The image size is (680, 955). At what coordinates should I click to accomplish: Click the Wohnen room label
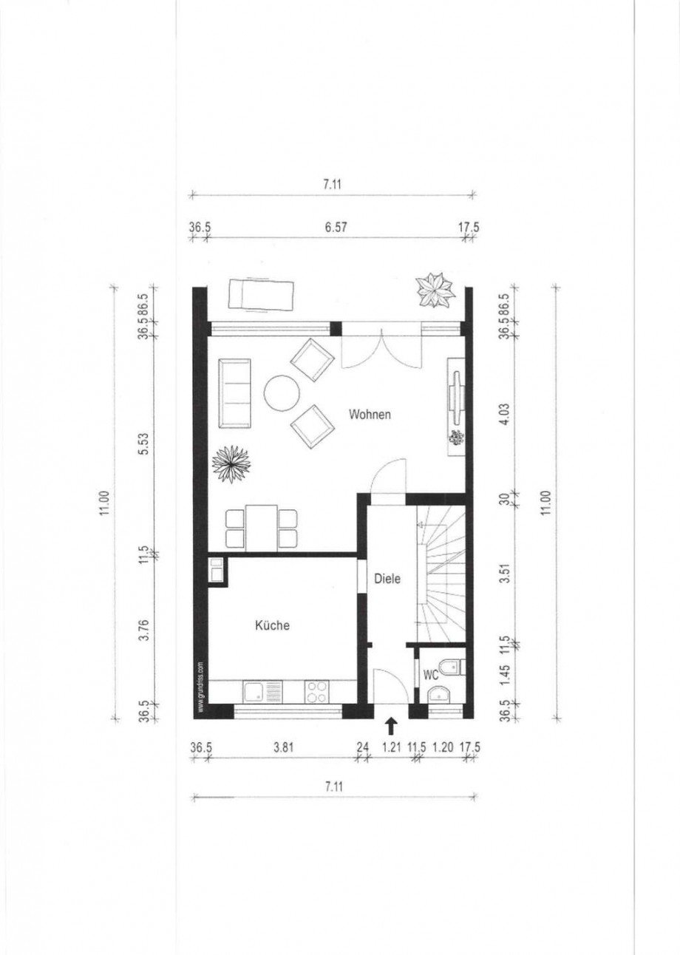[x=370, y=414]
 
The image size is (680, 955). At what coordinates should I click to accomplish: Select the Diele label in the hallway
[x=387, y=579]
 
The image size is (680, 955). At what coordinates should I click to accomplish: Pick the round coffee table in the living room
[x=282, y=392]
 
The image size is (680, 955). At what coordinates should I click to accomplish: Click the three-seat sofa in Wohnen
[x=234, y=393]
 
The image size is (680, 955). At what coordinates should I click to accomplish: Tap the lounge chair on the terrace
[x=260, y=295]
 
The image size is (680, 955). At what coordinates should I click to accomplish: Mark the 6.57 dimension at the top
[x=336, y=227]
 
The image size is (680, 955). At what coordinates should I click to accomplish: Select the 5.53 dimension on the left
[x=145, y=443]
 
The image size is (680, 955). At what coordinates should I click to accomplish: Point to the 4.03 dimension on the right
[x=505, y=414]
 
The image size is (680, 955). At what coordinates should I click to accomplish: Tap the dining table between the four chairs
[x=262, y=527]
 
